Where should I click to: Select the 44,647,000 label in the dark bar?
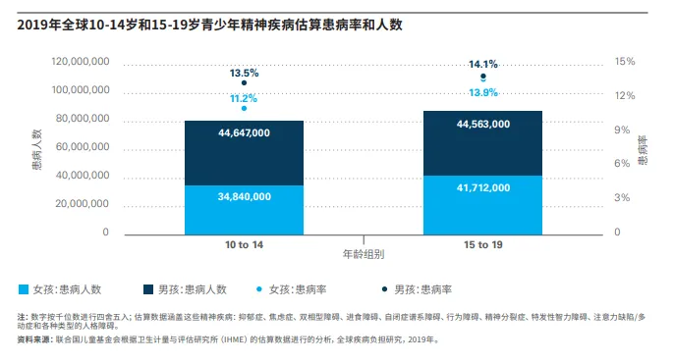coord(244,132)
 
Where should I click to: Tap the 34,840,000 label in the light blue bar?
coord(244,196)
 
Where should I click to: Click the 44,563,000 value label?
coord(482,125)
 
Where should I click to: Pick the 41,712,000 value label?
coord(482,187)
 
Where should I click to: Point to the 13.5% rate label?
coord(244,73)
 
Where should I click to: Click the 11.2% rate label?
coord(244,98)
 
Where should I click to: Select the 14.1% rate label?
coord(482,64)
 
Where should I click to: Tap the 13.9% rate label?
coord(482,92)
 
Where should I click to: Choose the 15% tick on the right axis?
coord(625,61)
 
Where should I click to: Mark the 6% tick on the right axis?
coord(623,164)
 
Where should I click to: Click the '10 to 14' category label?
coord(244,242)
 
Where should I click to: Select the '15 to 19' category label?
coord(482,242)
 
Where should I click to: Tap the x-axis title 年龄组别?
coord(363,254)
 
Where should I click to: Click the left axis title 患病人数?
coord(36,147)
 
